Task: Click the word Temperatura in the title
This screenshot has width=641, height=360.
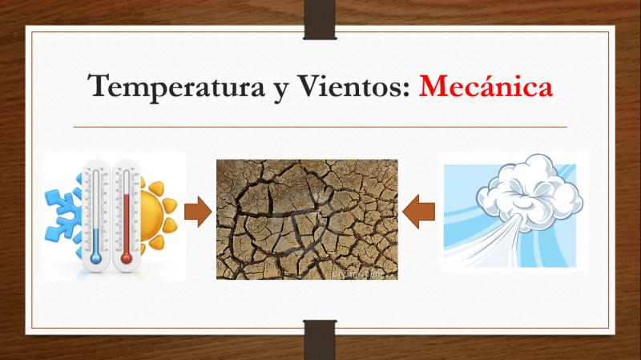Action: pos(176,87)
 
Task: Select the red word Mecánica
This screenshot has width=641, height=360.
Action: pos(486,86)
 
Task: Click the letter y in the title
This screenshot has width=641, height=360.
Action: pos(281,91)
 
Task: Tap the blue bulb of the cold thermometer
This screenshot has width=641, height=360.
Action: pos(95,258)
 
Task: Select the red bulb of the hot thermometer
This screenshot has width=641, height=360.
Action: pos(126,258)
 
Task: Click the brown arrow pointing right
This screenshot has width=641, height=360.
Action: pos(198,212)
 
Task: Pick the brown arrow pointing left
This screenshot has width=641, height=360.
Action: pos(418,212)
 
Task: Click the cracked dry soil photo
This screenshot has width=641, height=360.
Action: pos(307,220)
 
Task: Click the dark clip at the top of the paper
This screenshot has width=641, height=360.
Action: pos(320,19)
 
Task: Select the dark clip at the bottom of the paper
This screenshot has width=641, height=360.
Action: pos(320,340)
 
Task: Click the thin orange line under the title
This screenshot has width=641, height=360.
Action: pos(320,127)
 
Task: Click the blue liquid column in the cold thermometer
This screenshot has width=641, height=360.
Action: pos(95,241)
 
